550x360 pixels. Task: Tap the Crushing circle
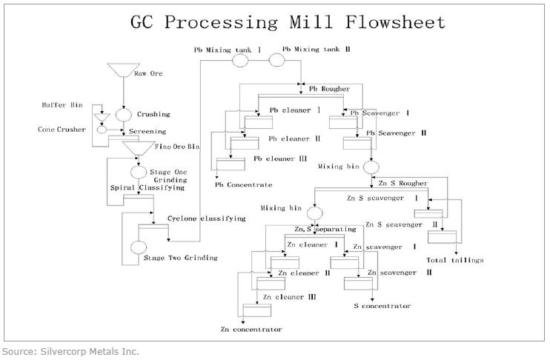[x=124, y=114]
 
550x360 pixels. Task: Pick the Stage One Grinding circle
[x=138, y=172]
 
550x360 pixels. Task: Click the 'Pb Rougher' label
[x=328, y=88]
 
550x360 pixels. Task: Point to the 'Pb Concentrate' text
[x=244, y=184]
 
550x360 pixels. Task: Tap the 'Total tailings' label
[x=455, y=260]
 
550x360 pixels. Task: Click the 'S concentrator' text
[x=382, y=305]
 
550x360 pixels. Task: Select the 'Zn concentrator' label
[x=251, y=328]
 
